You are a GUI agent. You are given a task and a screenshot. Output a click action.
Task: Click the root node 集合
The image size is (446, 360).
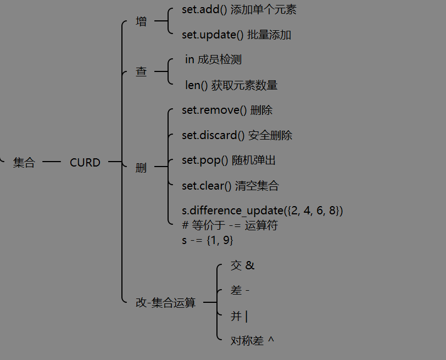[x=24, y=163]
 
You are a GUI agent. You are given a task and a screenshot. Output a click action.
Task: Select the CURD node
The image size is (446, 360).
[x=85, y=163]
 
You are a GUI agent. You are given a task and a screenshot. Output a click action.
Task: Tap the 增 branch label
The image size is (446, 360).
[x=141, y=22]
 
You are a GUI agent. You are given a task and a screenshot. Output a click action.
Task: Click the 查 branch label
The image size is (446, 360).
[x=141, y=71]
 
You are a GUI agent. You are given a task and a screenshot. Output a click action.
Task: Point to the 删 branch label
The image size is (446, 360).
[x=141, y=168]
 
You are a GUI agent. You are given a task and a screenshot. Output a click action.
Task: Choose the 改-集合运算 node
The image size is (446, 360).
[x=165, y=302]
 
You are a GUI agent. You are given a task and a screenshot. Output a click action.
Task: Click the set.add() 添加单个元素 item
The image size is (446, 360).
[x=239, y=10]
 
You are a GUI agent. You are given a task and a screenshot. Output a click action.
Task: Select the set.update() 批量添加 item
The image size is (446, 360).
[x=236, y=35]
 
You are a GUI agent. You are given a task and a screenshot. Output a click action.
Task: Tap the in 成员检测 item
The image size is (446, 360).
[x=213, y=59]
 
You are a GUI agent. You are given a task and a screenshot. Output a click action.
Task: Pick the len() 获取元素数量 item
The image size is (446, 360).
[x=231, y=85]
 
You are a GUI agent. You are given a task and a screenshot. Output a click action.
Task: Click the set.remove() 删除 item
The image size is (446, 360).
[x=227, y=110]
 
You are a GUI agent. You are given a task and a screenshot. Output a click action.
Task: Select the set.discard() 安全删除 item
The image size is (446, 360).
[x=237, y=135]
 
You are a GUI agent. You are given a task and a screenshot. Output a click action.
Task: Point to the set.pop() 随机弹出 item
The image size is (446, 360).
[x=228, y=160]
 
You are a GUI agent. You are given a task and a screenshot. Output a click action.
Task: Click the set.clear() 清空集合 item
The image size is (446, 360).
[x=230, y=186]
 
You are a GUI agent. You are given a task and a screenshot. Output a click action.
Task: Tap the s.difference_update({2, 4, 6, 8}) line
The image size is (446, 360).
[x=262, y=211]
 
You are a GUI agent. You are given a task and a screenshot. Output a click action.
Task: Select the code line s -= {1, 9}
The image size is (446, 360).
[x=208, y=240]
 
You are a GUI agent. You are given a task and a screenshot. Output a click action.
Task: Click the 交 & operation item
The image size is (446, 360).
[x=242, y=265]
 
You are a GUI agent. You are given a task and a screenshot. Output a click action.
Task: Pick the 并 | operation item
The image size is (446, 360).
[x=239, y=316]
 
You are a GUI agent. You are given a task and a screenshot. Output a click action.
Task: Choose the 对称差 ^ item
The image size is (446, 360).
[x=252, y=341]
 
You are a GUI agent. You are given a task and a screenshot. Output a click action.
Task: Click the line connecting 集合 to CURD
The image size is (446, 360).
[x=51, y=162]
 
